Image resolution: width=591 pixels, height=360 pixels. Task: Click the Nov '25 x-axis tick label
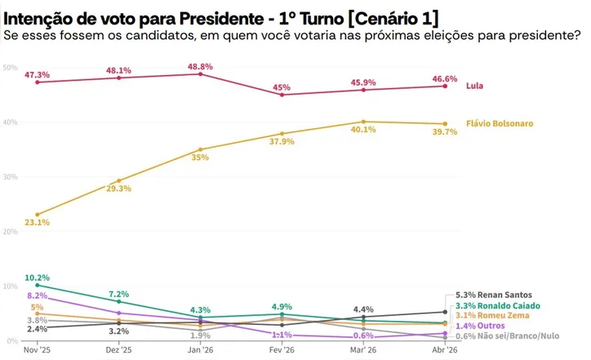pyautogui.click(x=38, y=349)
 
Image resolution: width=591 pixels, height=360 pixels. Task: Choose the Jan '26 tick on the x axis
pyautogui.click(x=200, y=349)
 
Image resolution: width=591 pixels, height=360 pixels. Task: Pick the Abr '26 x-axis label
pyautogui.click(x=444, y=349)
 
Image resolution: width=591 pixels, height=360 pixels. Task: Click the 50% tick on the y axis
pyautogui.click(x=10, y=67)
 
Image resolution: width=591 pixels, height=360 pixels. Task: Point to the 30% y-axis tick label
pyautogui.click(x=10, y=176)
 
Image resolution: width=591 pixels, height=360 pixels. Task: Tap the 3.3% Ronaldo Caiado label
pyautogui.click(x=493, y=305)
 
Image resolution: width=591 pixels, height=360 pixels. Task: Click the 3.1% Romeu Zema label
pyautogui.click(x=488, y=315)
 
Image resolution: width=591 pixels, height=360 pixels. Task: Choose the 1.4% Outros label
pyautogui.click(x=478, y=325)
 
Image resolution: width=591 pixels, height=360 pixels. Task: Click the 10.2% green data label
pyautogui.click(x=38, y=278)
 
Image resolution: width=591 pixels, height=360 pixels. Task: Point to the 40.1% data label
pyautogui.click(x=363, y=130)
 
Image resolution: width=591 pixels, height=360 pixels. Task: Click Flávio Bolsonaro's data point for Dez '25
pyautogui.click(x=119, y=180)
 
